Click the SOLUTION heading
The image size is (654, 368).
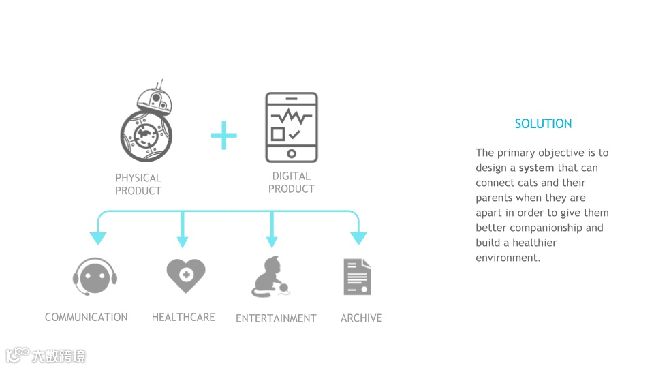(x=543, y=123)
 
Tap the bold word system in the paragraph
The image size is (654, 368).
(x=536, y=168)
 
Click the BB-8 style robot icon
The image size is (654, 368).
(x=147, y=123)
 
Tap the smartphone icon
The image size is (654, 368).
(x=292, y=127)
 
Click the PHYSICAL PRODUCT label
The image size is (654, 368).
(x=138, y=184)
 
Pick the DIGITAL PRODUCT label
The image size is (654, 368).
(x=292, y=182)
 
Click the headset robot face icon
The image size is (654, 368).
(x=95, y=276)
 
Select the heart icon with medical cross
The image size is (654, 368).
(x=185, y=275)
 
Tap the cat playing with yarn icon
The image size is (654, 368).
(x=271, y=277)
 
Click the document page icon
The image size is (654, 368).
(x=358, y=277)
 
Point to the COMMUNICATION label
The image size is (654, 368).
(x=87, y=317)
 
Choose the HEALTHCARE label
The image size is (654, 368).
(x=183, y=317)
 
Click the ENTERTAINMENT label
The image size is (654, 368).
(x=276, y=318)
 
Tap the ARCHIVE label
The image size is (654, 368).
(x=361, y=318)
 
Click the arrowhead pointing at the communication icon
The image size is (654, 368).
(x=98, y=238)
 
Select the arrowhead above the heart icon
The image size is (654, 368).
(x=183, y=241)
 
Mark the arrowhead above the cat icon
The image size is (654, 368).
(x=272, y=241)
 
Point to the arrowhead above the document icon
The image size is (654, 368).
(x=358, y=238)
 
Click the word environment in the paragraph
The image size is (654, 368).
(x=507, y=258)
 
